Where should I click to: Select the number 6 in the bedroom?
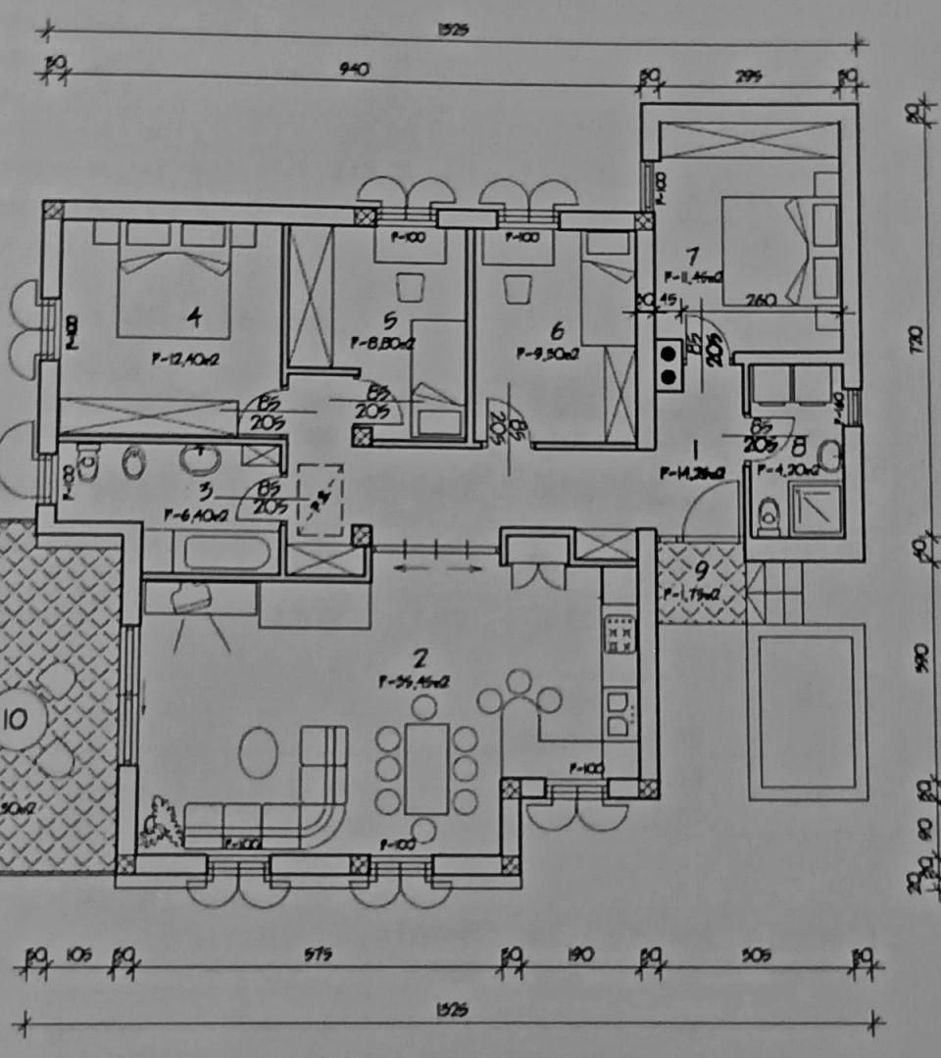[558, 330]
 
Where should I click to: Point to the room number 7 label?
[693, 257]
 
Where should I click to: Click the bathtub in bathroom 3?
[226, 552]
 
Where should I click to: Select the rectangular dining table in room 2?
[426, 767]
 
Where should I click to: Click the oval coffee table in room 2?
[259, 751]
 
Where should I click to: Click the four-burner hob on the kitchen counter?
[619, 635]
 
